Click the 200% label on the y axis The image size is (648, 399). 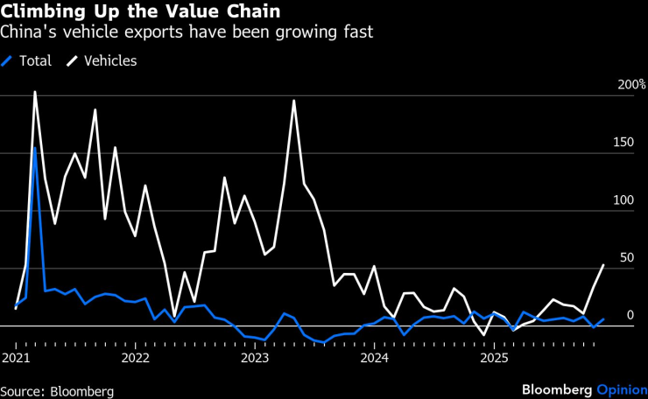(x=631, y=85)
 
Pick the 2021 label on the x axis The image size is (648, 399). (x=17, y=358)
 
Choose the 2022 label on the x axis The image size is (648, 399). (x=136, y=358)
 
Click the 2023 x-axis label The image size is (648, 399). (x=255, y=358)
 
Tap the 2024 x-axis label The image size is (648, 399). (x=374, y=358)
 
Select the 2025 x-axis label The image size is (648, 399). (x=493, y=358)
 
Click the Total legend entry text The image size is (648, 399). (x=35, y=61)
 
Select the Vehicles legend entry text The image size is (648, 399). (x=110, y=61)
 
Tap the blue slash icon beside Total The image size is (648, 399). (x=8, y=61)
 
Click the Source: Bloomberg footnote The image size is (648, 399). (x=57, y=391)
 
